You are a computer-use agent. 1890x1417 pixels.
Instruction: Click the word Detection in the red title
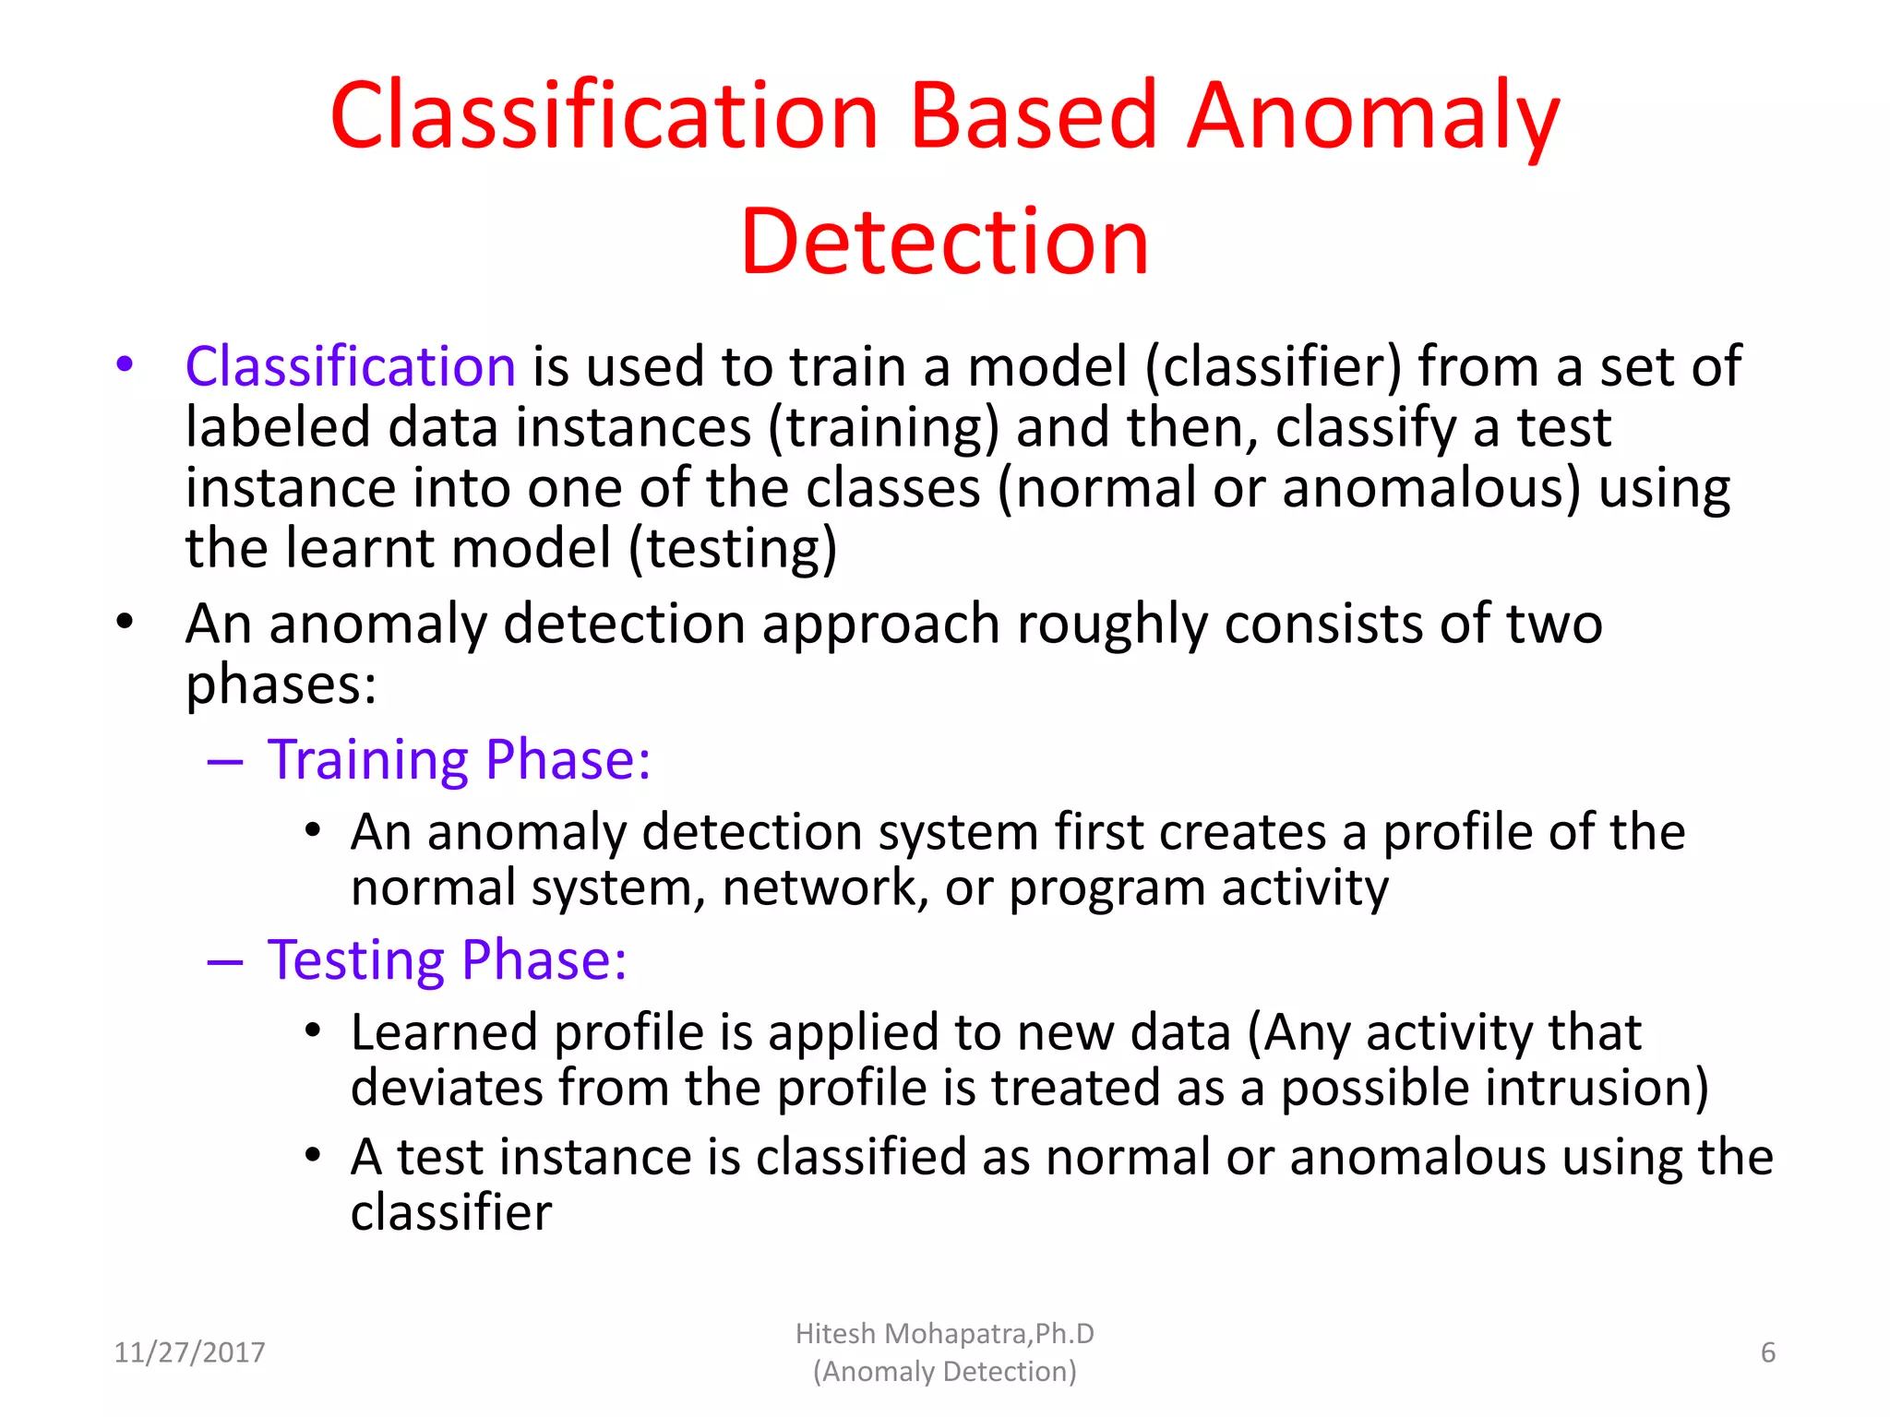click(x=944, y=242)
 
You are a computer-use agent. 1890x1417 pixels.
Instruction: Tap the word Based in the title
click(x=1033, y=116)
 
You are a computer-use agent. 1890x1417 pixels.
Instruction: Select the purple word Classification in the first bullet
click(x=350, y=366)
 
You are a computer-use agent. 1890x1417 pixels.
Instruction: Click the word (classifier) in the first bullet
click(x=1273, y=366)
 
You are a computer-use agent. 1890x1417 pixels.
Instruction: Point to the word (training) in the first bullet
click(x=883, y=428)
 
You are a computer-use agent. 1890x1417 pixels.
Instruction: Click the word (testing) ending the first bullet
click(x=733, y=548)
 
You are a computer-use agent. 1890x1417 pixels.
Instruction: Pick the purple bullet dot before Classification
click(x=125, y=363)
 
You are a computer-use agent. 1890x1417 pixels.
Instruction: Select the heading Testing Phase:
click(x=447, y=959)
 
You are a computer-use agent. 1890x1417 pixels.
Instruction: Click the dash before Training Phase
click(x=225, y=762)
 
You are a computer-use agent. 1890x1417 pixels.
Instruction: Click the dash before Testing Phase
click(x=225, y=962)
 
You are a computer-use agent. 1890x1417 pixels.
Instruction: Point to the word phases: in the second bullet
click(x=281, y=685)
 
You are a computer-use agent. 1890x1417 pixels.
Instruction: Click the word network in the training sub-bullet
click(x=824, y=887)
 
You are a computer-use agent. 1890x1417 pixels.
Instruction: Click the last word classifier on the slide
click(x=451, y=1211)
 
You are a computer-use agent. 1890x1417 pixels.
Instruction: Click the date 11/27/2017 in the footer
click(x=189, y=1352)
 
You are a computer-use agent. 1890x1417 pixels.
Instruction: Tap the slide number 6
click(x=1767, y=1352)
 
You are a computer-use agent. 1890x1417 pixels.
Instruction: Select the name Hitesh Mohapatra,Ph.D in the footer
click(x=944, y=1334)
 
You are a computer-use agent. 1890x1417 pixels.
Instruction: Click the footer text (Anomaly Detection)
click(x=944, y=1372)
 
